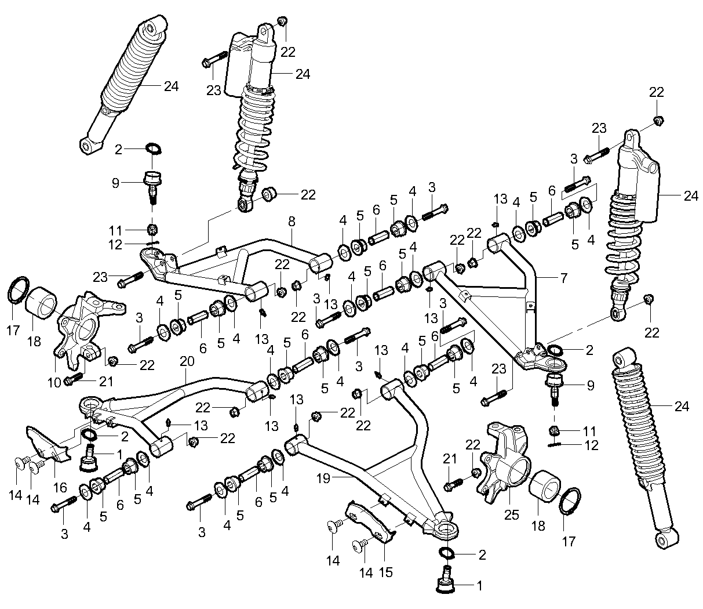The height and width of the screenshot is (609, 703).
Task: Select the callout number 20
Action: click(x=185, y=361)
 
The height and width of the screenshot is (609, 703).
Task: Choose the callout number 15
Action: click(x=385, y=572)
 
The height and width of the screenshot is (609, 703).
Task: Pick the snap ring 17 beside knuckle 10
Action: click(x=19, y=289)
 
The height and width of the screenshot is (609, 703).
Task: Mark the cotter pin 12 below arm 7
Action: click(x=556, y=444)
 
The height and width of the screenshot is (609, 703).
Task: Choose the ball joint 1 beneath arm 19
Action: click(x=446, y=579)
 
